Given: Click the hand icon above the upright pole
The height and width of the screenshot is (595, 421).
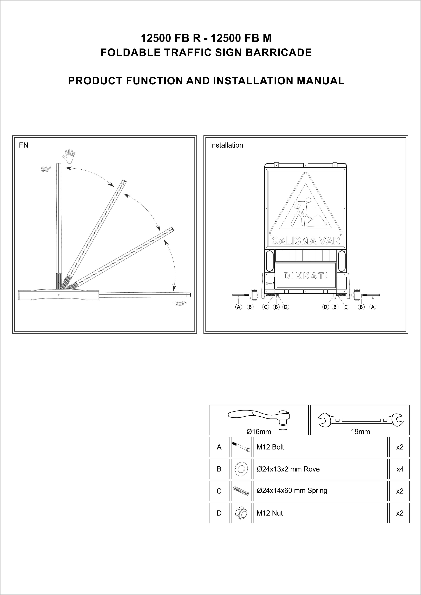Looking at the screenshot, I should pyautogui.click(x=69, y=156).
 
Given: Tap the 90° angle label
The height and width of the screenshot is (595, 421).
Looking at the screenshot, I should pyautogui.click(x=46, y=169).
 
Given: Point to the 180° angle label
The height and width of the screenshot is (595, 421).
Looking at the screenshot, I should pyautogui.click(x=179, y=304).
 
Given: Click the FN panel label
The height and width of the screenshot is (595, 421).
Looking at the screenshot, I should pyautogui.click(x=24, y=145).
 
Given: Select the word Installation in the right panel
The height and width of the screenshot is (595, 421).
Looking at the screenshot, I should pyautogui.click(x=226, y=145).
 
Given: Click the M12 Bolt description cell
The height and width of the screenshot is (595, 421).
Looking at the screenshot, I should pyautogui.click(x=320, y=447).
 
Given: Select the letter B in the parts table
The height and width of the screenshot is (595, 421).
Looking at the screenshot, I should pyautogui.click(x=219, y=469).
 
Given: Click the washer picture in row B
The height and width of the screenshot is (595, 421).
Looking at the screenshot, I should pyautogui.click(x=241, y=469).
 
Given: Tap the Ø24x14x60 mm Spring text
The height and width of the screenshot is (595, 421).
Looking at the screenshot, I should pyautogui.click(x=292, y=491).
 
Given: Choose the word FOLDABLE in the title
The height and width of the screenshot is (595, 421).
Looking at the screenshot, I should pyautogui.click(x=131, y=53).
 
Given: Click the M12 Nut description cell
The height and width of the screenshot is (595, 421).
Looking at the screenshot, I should pyautogui.click(x=320, y=513).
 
